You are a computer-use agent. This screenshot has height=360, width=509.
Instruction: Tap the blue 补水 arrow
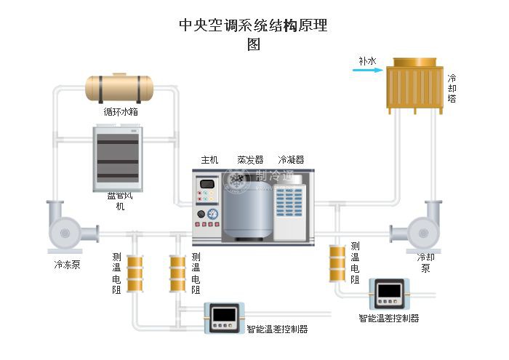point(361,71)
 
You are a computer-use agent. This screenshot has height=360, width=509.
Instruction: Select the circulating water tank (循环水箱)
point(120,88)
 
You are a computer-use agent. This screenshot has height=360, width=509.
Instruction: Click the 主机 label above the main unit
point(209,160)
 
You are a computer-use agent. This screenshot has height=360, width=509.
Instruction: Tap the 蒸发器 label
point(250,160)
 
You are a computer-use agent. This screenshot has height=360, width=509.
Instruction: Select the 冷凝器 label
point(291,160)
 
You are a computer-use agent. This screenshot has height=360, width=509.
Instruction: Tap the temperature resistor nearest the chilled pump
point(135,273)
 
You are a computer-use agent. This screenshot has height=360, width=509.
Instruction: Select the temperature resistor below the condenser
point(337,263)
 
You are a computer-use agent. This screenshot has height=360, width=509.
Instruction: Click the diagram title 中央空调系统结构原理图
point(253,34)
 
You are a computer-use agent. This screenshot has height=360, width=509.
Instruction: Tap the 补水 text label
point(367,62)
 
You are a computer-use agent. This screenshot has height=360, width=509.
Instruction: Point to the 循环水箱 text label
point(121,113)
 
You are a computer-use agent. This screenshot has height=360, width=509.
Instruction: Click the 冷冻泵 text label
point(67,265)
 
